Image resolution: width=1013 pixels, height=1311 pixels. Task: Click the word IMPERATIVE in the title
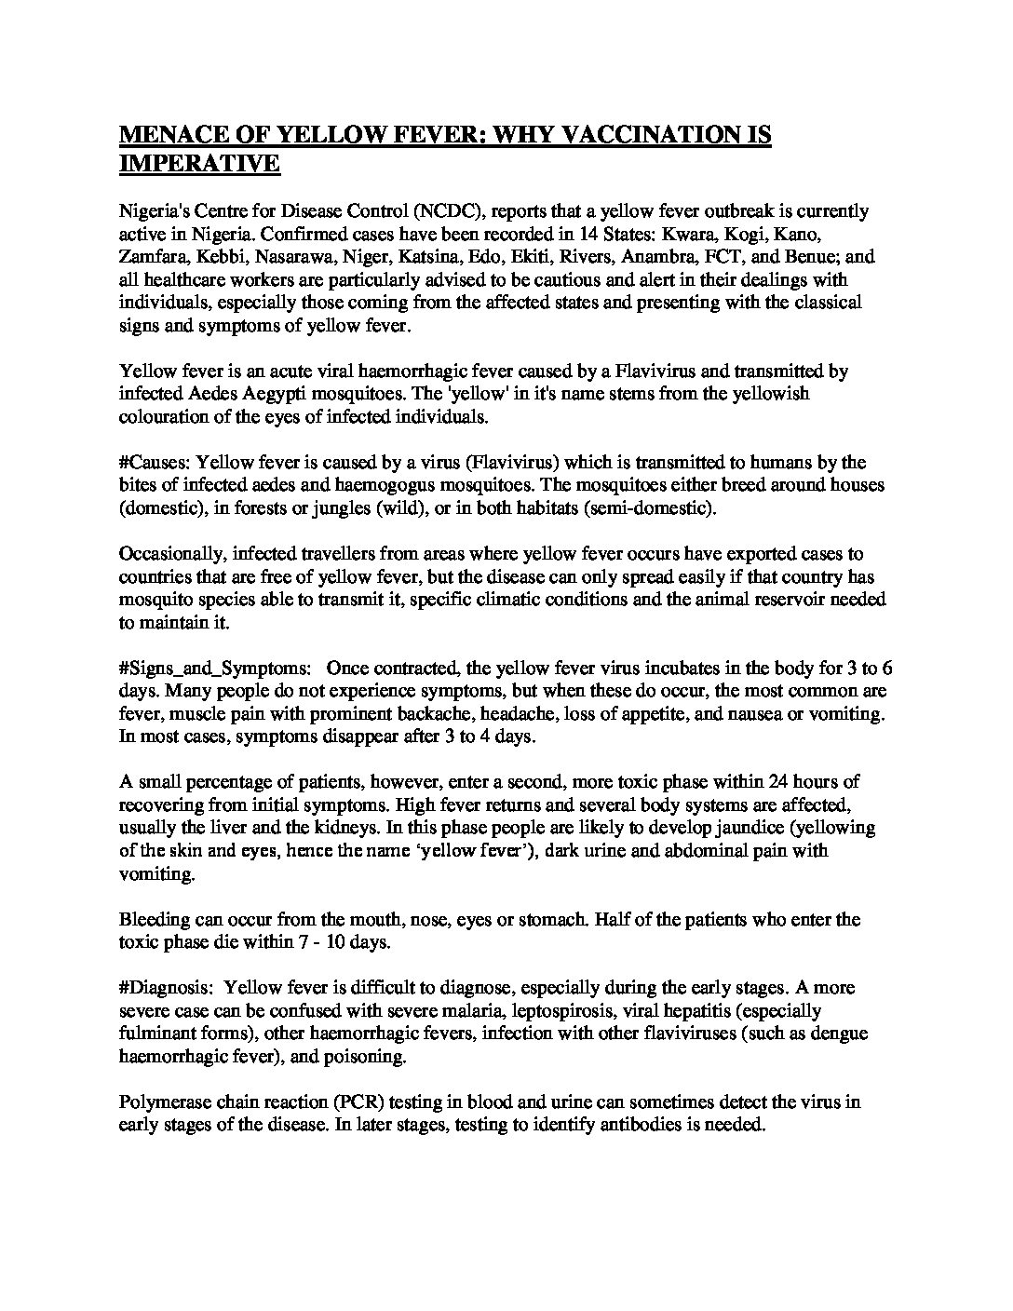(x=200, y=163)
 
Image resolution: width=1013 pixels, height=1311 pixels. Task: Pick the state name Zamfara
(x=154, y=257)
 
